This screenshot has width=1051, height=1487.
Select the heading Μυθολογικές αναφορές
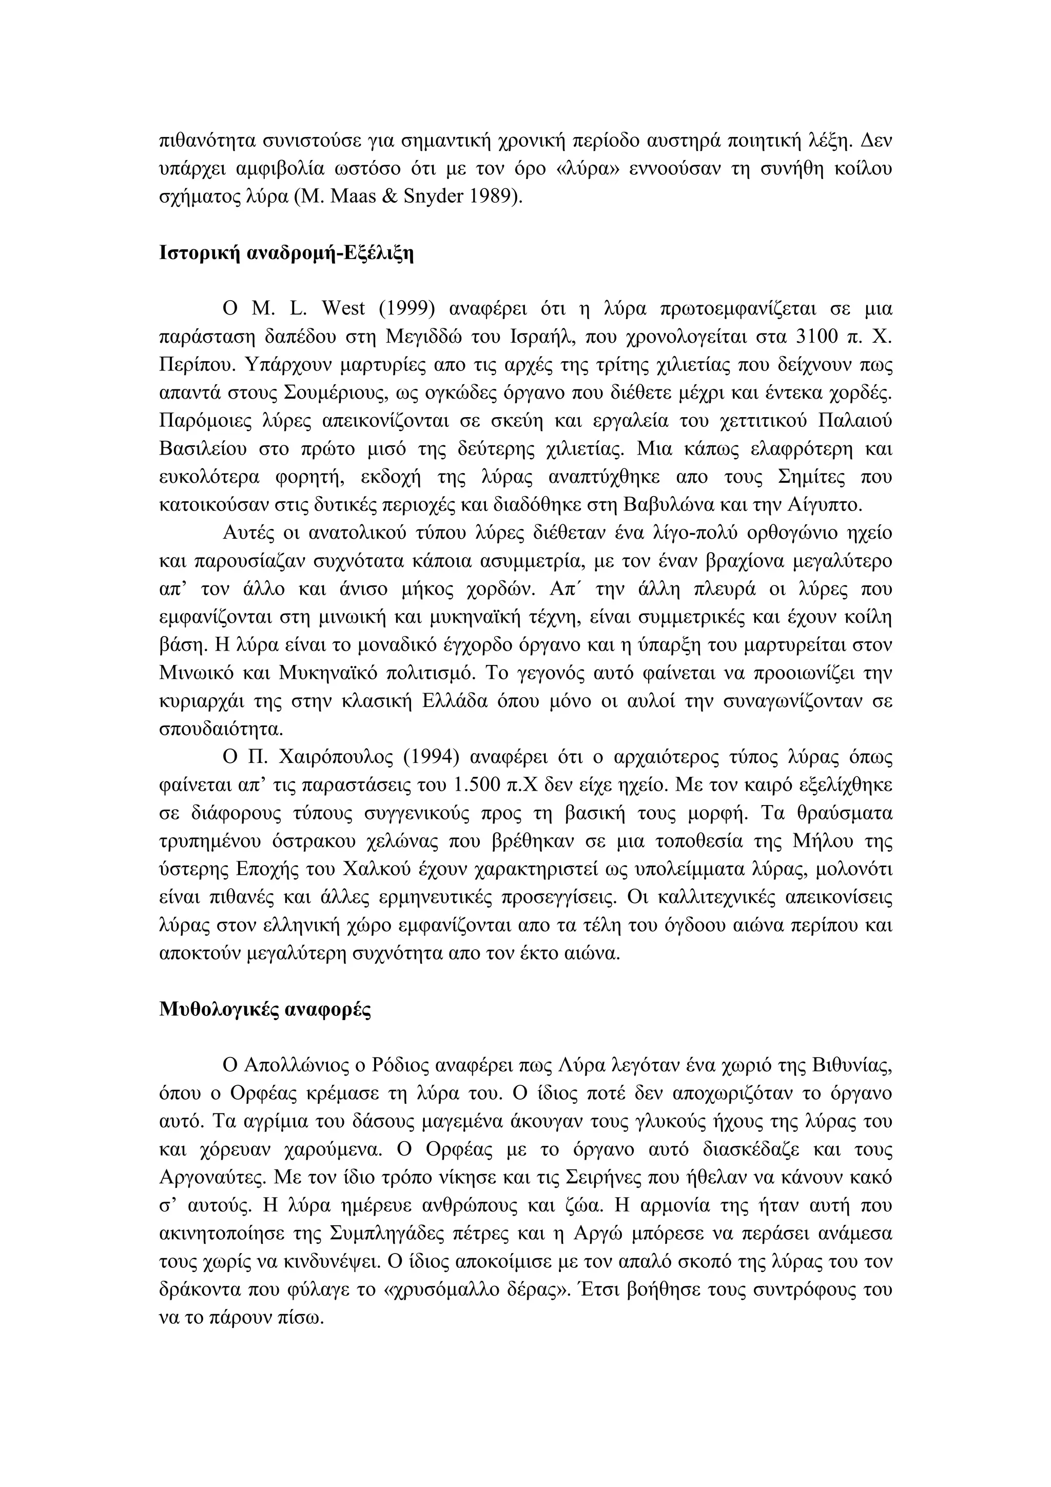[265, 1010]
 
